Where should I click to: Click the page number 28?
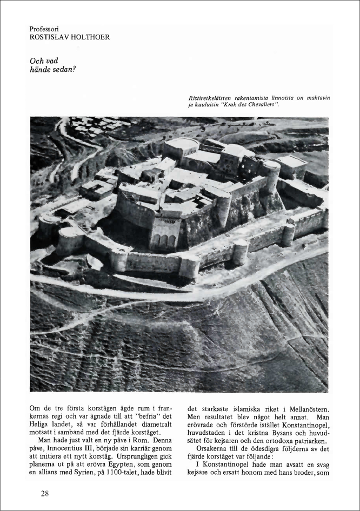pyautogui.click(x=46, y=493)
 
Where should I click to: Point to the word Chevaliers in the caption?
pyautogui.click(x=262, y=104)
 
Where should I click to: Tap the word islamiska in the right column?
pyautogui.click(x=242, y=409)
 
